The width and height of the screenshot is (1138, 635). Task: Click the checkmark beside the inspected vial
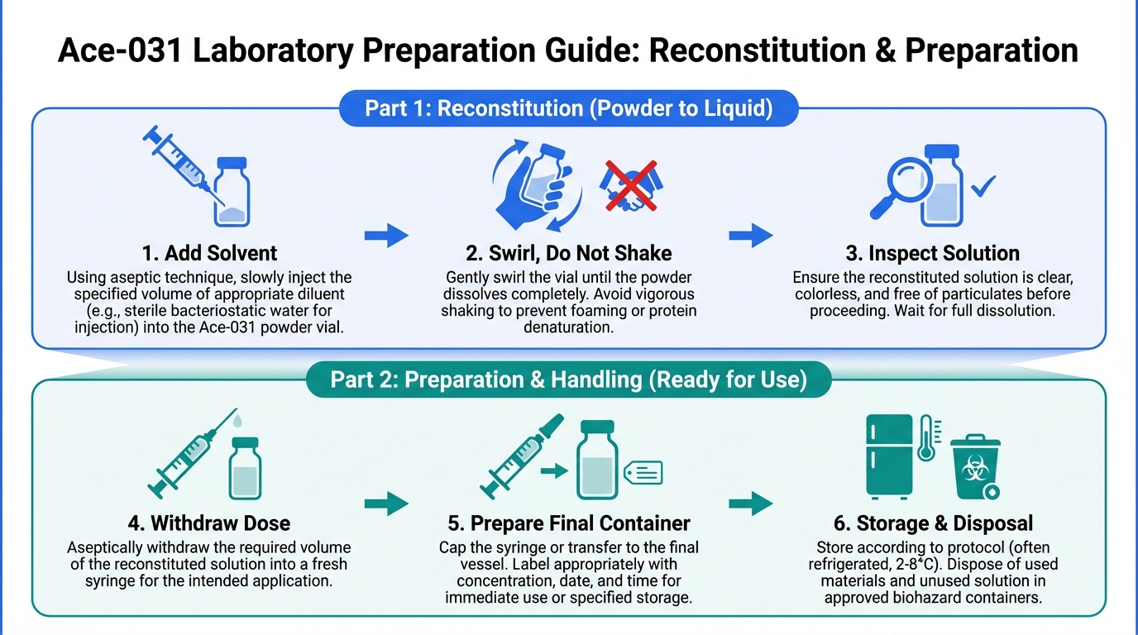(983, 187)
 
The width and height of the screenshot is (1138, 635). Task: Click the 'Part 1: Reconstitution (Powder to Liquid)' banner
(569, 109)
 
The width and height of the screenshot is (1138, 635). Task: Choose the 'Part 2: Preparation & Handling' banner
(569, 380)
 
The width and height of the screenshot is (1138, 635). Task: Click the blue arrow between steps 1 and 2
(386, 236)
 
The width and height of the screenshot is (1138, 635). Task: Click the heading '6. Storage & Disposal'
(933, 523)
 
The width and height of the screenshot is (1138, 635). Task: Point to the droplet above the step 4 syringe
(237, 422)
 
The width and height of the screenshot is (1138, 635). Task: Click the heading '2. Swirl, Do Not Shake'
(569, 253)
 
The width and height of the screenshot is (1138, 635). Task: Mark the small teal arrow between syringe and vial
(553, 470)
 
